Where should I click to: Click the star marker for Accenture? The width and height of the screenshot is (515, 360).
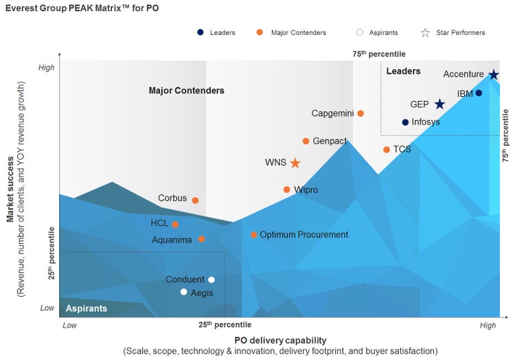493,75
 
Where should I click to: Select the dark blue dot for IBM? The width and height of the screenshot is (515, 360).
479,93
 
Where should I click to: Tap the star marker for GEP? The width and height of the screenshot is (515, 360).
439,104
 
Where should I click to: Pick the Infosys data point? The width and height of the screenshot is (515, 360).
405,122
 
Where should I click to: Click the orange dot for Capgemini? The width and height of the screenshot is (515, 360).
360,113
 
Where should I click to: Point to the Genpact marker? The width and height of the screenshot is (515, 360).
306,141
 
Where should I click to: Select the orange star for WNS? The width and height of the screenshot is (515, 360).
295,163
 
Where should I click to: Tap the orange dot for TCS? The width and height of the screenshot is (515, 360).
387,150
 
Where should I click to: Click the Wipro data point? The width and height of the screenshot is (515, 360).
287,190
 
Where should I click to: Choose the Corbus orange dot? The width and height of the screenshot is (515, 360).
195,201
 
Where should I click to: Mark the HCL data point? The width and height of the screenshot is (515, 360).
175,224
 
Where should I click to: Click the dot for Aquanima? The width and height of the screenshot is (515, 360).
201,239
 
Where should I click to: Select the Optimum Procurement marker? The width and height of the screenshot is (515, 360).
254,235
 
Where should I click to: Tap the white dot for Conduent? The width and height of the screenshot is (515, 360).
211,280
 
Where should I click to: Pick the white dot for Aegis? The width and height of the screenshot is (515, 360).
183,292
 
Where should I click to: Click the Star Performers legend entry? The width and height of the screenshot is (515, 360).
454,32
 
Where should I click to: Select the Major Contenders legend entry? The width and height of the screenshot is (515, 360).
293,32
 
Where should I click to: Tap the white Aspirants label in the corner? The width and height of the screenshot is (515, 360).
87,308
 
